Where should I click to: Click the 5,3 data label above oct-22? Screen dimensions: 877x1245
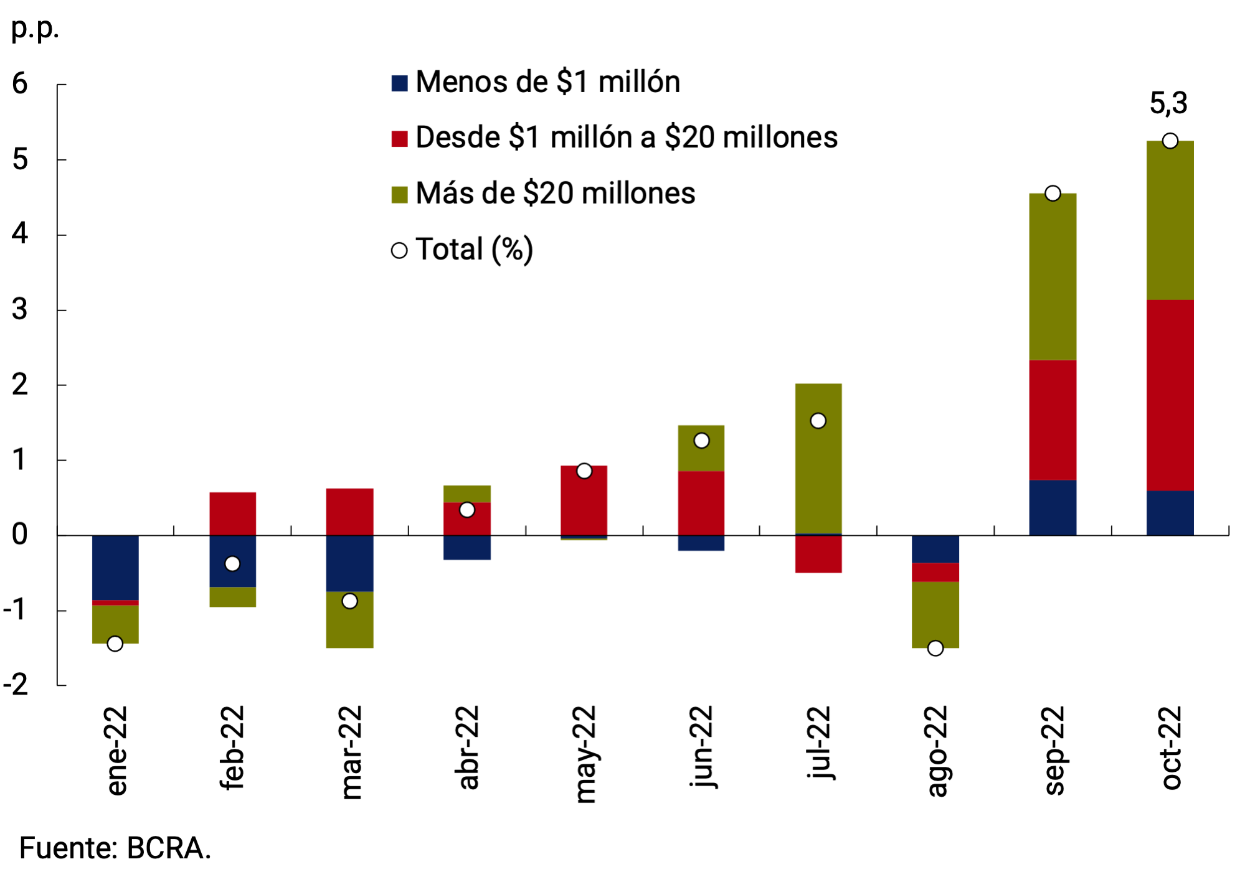tap(1168, 103)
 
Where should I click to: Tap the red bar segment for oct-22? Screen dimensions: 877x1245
tap(1170, 395)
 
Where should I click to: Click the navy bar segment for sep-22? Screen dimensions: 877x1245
tap(1053, 507)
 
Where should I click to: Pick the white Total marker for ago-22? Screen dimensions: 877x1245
tap(935, 648)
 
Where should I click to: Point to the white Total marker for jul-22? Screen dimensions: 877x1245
tap(818, 421)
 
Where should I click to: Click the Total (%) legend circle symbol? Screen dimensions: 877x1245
tap(399, 250)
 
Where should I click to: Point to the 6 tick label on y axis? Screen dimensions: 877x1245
tap(20, 83)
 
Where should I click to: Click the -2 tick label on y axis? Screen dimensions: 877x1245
tap(16, 685)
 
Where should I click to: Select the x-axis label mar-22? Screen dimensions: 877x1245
tap(351, 752)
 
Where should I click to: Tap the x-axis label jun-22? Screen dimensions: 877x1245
tap(702, 747)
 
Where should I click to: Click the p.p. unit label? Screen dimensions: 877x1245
tap(35, 29)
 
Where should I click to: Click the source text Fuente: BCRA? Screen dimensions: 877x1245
tap(115, 848)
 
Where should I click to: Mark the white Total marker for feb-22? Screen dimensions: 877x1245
tap(232, 563)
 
